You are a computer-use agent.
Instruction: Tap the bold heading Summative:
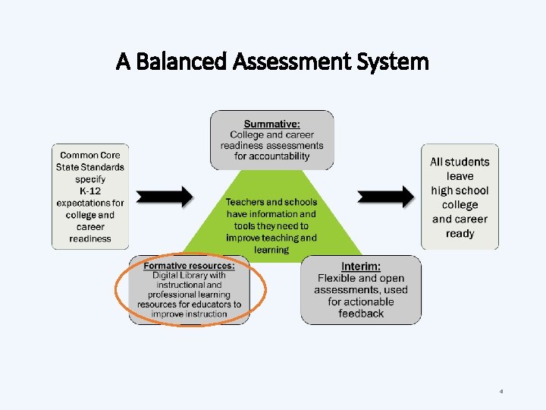point(271,124)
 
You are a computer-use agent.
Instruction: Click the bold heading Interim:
point(361,266)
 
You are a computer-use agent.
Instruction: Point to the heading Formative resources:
point(189,265)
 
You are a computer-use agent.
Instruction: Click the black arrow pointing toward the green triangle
point(166,197)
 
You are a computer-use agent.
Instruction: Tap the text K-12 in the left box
point(90,191)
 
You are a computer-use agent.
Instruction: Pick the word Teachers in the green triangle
point(244,202)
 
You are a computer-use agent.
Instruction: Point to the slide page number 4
point(501,391)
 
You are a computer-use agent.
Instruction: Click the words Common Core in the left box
point(90,155)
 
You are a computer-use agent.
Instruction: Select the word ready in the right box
point(460,233)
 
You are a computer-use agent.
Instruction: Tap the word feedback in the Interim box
point(361,313)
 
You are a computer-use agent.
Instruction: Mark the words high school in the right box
point(460,191)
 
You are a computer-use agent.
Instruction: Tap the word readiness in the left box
point(90,238)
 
